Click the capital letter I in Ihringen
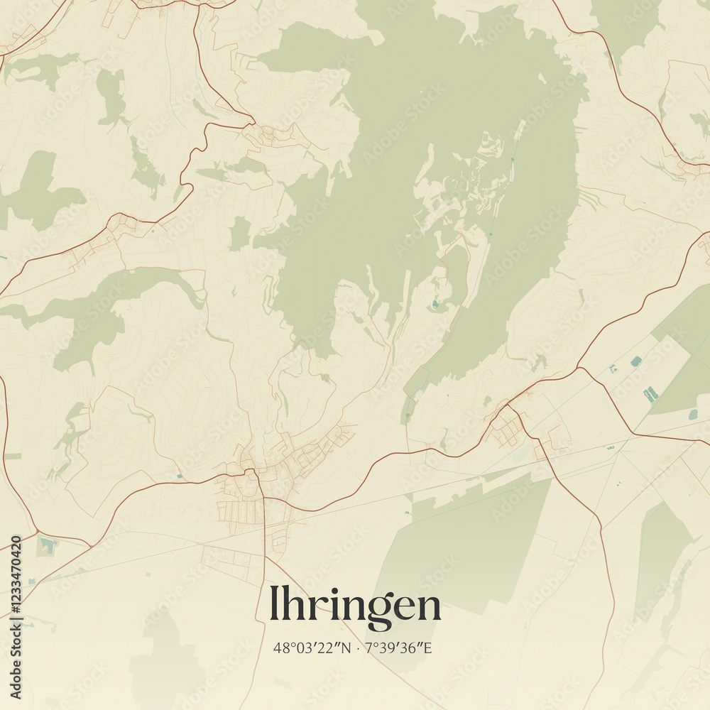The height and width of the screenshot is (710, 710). pos(274,606)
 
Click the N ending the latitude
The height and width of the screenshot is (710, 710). pos(345,648)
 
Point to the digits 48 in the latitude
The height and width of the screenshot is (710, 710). pos(280,648)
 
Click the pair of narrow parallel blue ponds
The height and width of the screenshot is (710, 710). pos(650,393)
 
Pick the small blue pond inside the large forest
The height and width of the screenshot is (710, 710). pos(435,305)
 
